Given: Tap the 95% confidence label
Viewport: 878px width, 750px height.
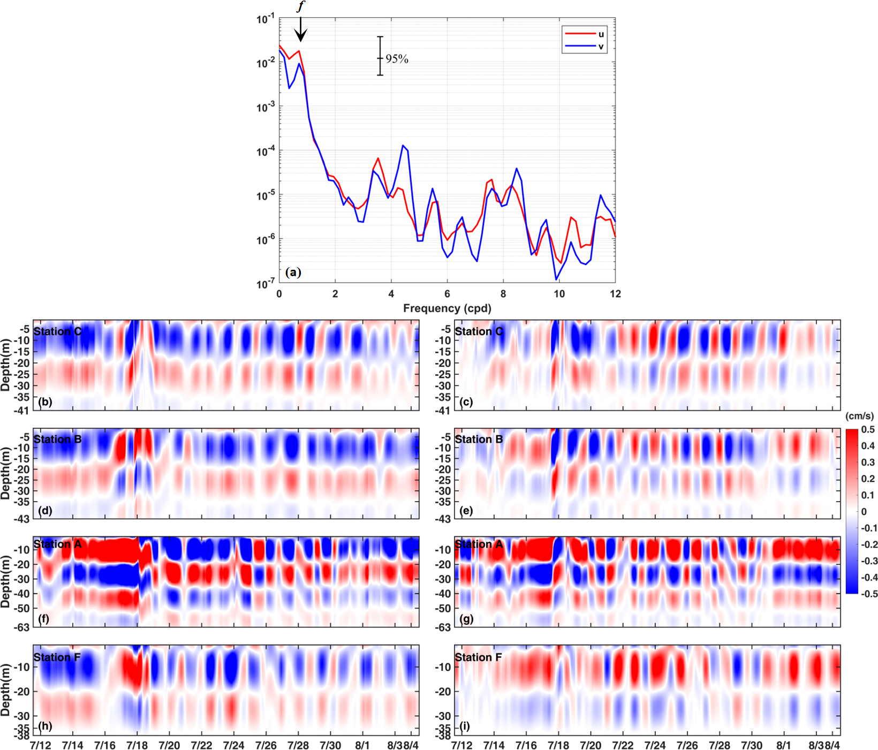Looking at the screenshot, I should coord(397,59).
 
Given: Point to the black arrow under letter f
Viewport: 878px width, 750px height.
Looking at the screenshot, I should coord(301,29).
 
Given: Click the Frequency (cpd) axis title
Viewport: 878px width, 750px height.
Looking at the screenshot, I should coord(447,308).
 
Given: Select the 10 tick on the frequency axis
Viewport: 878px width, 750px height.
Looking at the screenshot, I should coord(559,294).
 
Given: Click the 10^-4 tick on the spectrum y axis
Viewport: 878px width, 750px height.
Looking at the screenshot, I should coord(265,152).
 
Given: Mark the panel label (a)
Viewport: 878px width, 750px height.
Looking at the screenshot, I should coord(293,272).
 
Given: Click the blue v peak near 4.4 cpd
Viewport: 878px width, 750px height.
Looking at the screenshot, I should coord(403,146).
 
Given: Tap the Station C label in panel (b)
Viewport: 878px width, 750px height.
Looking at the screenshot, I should coord(57,331).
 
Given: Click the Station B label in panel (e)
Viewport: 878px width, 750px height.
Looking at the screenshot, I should coord(479,440).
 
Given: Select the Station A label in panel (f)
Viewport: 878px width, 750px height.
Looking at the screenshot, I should coord(57,544).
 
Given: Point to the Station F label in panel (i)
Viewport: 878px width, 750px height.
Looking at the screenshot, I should coord(478,657).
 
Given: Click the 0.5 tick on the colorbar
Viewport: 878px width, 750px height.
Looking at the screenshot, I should coord(868,430).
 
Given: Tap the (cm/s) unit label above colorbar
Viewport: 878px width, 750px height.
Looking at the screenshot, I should coord(859,416).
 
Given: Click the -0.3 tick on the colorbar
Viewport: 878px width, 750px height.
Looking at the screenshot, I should coord(868,561).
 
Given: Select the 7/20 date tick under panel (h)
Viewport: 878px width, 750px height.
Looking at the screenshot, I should coord(169,745).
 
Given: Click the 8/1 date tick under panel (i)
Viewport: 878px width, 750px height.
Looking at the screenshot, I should coord(783,745).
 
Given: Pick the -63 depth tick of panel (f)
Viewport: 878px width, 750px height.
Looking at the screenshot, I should coord(22,627).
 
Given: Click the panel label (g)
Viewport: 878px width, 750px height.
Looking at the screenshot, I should coord(466,619).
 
